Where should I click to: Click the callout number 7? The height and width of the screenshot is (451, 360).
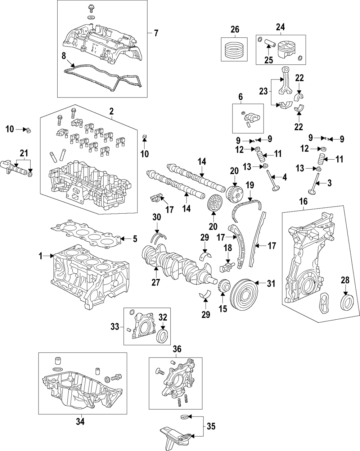tap(156, 33)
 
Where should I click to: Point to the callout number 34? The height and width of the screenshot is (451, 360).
tap(80, 421)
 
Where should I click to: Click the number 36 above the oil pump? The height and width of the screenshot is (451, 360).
tap(177, 349)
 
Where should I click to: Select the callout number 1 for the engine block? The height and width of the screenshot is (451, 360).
tap(41, 256)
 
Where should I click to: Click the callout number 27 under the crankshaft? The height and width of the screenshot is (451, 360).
tap(155, 282)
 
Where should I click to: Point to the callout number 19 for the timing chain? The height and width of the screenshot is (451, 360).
tap(249, 186)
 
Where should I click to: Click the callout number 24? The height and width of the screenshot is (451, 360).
tap(280, 27)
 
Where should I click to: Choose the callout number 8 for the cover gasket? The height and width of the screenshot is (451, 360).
tap(63, 56)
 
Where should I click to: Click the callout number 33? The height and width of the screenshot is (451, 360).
tap(114, 327)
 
